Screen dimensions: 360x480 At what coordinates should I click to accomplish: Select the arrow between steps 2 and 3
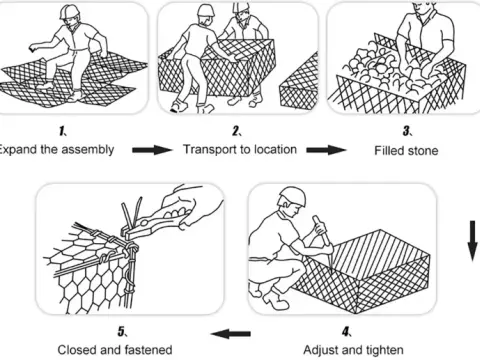pos(323,150)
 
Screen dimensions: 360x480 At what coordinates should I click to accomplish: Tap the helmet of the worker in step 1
pos(68,13)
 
